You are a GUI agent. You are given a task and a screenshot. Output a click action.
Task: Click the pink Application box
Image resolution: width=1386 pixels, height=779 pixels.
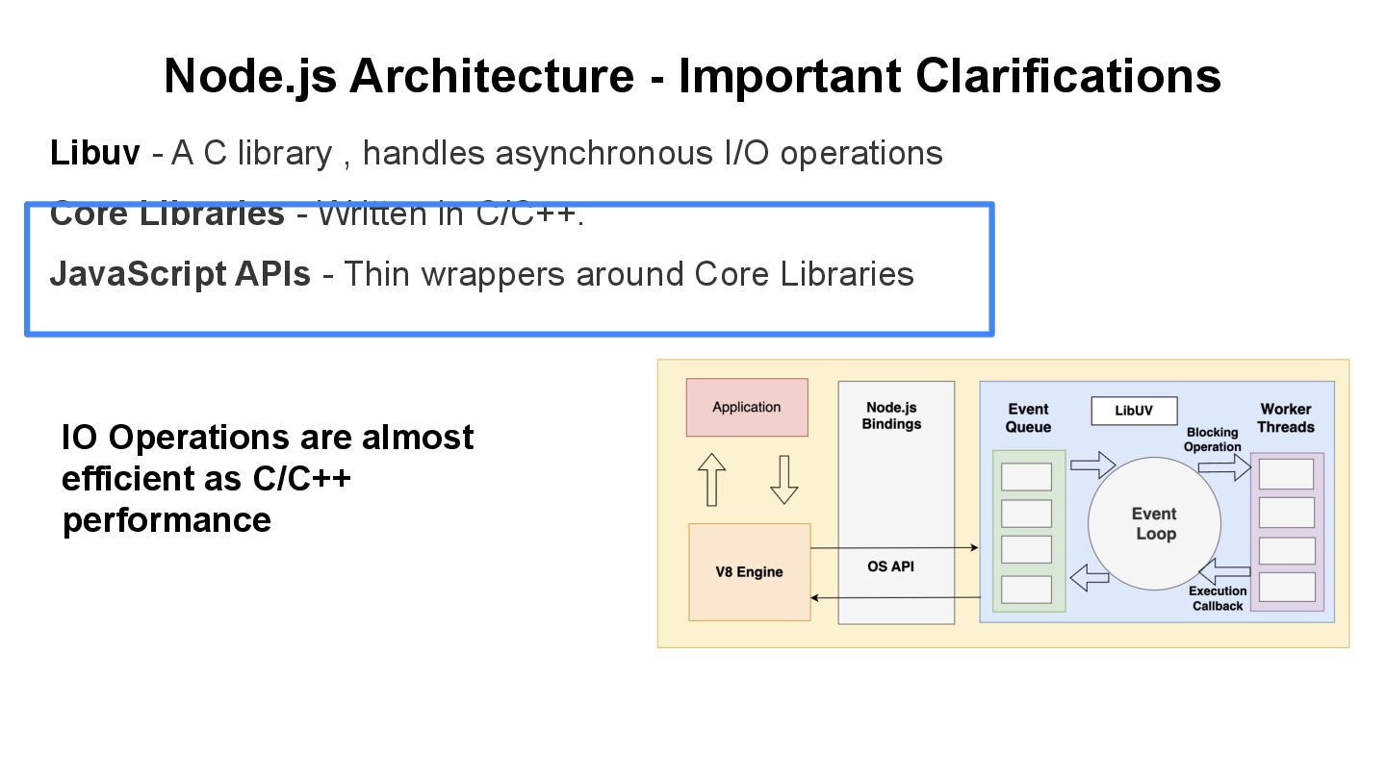click(x=746, y=407)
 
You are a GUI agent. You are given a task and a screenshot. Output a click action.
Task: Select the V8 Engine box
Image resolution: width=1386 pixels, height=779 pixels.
click(x=749, y=572)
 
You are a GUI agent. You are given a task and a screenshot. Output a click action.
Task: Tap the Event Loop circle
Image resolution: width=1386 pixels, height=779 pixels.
click(x=1154, y=524)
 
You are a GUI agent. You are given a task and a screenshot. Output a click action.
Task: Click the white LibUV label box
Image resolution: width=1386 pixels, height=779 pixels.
click(x=1134, y=411)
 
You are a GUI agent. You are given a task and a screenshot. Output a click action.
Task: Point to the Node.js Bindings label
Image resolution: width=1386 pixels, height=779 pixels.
click(x=891, y=415)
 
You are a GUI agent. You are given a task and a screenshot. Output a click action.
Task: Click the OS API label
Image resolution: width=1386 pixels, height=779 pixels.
click(x=890, y=566)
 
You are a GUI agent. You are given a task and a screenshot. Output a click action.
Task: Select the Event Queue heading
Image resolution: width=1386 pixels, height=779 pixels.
click(x=1028, y=417)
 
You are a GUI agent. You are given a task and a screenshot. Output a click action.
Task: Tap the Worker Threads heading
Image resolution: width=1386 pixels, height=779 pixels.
click(x=1285, y=417)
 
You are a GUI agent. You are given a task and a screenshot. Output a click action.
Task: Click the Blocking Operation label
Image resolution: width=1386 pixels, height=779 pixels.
click(x=1212, y=440)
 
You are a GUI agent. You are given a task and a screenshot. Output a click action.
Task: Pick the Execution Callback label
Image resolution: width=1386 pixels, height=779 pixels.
click(x=1218, y=598)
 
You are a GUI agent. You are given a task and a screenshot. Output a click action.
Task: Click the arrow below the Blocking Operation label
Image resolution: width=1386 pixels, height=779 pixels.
click(x=1223, y=467)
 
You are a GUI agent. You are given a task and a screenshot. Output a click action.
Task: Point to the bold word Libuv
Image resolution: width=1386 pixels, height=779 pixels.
click(x=94, y=153)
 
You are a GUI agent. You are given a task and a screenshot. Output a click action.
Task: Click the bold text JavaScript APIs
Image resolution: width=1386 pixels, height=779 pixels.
click(x=180, y=274)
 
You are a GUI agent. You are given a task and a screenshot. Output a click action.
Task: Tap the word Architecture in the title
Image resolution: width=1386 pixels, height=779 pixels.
click(x=491, y=76)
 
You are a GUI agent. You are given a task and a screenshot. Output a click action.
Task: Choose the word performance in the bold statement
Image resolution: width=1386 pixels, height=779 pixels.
click(x=167, y=519)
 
